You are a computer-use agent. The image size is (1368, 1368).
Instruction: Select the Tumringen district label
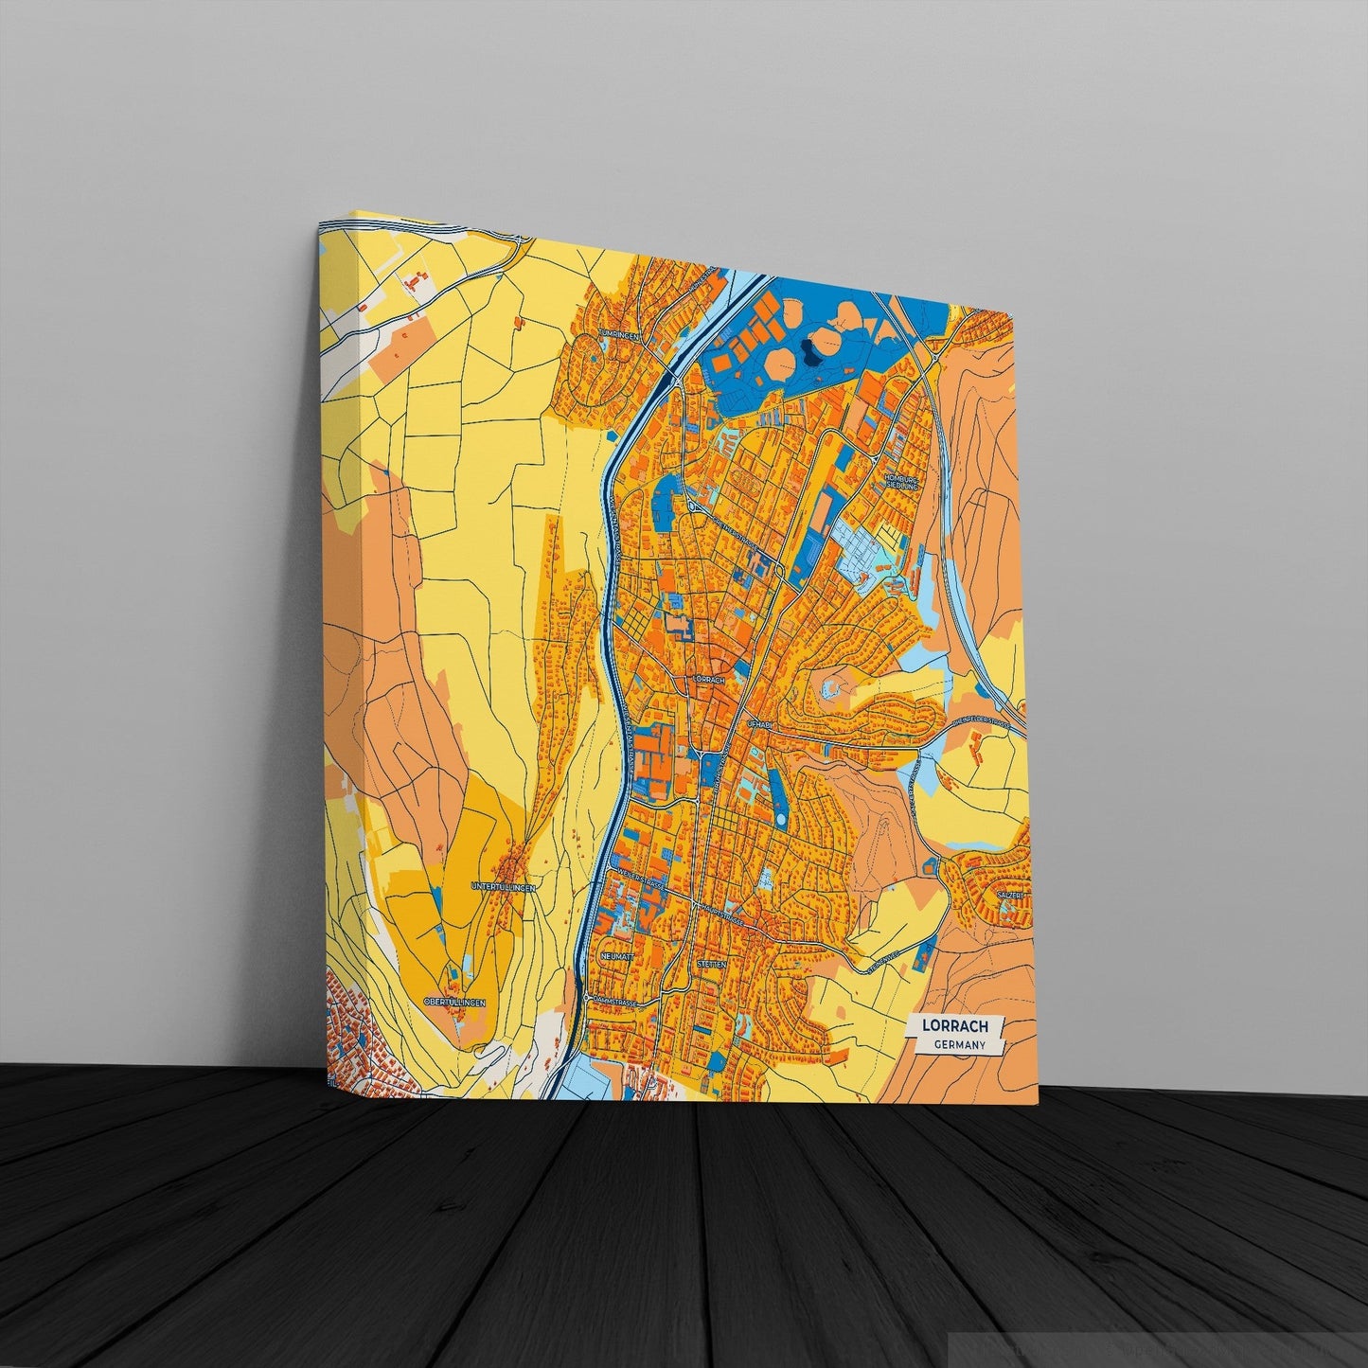[621, 336]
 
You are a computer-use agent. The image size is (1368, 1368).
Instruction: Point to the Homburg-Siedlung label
[901, 481]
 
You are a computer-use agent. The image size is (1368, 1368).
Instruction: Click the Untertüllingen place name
[504, 887]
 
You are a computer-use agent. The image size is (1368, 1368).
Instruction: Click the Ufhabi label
[760, 723]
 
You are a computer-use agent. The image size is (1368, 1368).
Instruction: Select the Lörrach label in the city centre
[708, 680]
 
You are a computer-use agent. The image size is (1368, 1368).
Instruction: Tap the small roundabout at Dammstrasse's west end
[588, 998]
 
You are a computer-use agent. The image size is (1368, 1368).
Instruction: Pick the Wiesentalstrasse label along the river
[630, 738]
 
